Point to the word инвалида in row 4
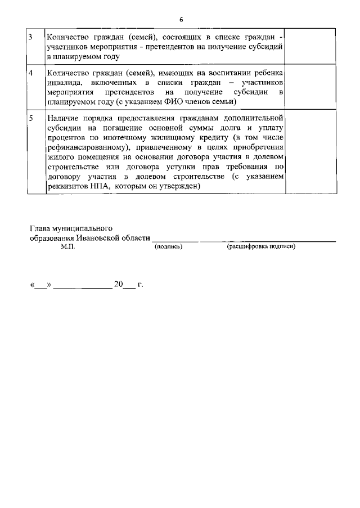tap(63, 82)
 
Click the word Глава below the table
tap(39, 228)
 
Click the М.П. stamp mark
tap(67, 247)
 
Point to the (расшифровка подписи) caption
tap(261, 247)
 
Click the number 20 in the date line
tap(118, 285)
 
